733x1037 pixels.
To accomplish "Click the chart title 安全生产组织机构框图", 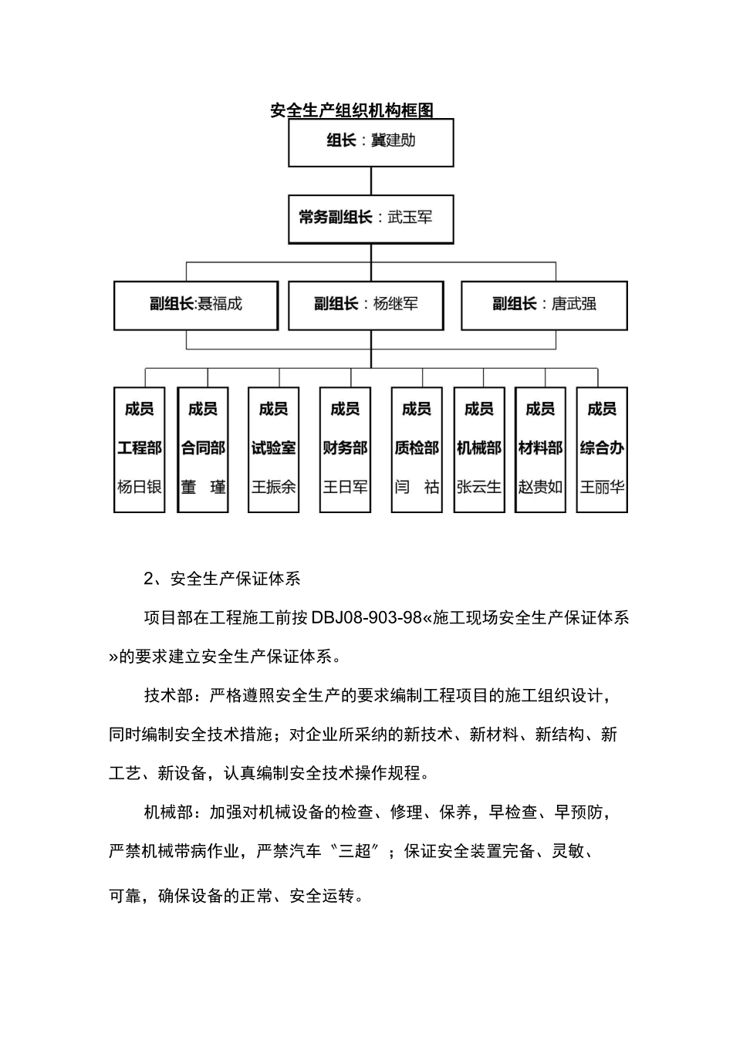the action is pyautogui.click(x=352, y=110).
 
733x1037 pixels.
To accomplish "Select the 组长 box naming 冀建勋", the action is pyautogui.click(x=370, y=143).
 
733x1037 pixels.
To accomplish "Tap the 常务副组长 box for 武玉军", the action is pyautogui.click(x=370, y=218).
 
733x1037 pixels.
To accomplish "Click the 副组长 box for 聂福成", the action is pyautogui.click(x=195, y=305).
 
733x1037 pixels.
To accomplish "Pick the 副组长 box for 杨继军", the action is pyautogui.click(x=366, y=305).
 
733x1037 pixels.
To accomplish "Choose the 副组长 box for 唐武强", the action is pyautogui.click(x=544, y=305).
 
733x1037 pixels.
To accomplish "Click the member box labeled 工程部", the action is pyautogui.click(x=140, y=449).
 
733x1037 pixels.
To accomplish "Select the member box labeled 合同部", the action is pyautogui.click(x=203, y=449).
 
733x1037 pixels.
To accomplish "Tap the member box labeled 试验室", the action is pyautogui.click(x=274, y=449).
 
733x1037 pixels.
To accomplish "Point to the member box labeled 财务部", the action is pyautogui.click(x=345, y=449).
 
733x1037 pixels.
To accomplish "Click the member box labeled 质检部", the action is pyautogui.click(x=417, y=449).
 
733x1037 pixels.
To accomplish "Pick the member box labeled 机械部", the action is pyautogui.click(x=479, y=449).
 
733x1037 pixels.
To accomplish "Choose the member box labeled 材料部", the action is pyautogui.click(x=540, y=449).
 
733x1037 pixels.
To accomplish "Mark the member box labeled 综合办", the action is pyautogui.click(x=602, y=449).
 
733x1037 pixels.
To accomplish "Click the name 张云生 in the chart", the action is pyautogui.click(x=479, y=488).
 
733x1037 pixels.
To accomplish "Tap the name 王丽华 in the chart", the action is pyautogui.click(x=602, y=488).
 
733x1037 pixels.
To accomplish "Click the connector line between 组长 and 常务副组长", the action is pyautogui.click(x=371, y=181).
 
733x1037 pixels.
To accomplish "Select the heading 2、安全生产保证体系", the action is pyautogui.click(x=222, y=579).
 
